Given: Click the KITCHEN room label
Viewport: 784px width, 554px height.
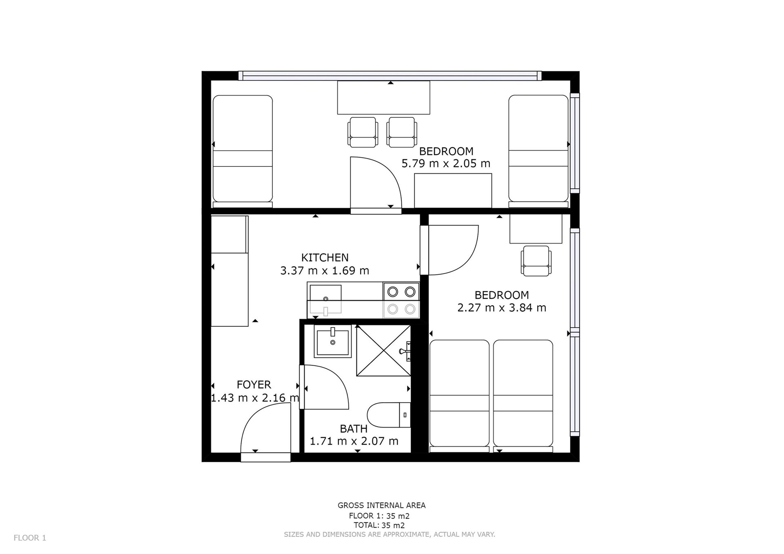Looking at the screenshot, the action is [325, 257].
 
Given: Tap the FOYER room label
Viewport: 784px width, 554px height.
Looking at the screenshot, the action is [254, 385].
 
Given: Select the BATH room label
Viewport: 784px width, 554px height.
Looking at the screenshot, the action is [354, 429].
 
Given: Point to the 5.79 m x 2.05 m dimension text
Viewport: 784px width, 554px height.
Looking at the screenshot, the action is [446, 164].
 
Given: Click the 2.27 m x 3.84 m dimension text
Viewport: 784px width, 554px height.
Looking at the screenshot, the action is [501, 308].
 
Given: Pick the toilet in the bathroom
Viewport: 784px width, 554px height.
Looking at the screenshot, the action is [389, 415].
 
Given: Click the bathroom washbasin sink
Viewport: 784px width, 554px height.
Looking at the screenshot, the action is [332, 341].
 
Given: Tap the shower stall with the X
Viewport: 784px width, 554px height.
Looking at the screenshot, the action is [383, 350].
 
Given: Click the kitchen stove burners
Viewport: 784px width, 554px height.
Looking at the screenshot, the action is [401, 300].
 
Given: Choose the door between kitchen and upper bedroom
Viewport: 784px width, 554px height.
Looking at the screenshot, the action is [376, 185].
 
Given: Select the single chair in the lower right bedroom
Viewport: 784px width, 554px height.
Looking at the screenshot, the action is [536, 261].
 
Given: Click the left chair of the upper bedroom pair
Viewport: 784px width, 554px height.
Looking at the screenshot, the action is [362, 132].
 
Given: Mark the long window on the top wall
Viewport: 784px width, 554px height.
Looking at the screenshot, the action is [390, 75].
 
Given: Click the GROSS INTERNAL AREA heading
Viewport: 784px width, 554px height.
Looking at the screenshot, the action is [381, 505].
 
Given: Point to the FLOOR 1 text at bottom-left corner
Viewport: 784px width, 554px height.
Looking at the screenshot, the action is [30, 538].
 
